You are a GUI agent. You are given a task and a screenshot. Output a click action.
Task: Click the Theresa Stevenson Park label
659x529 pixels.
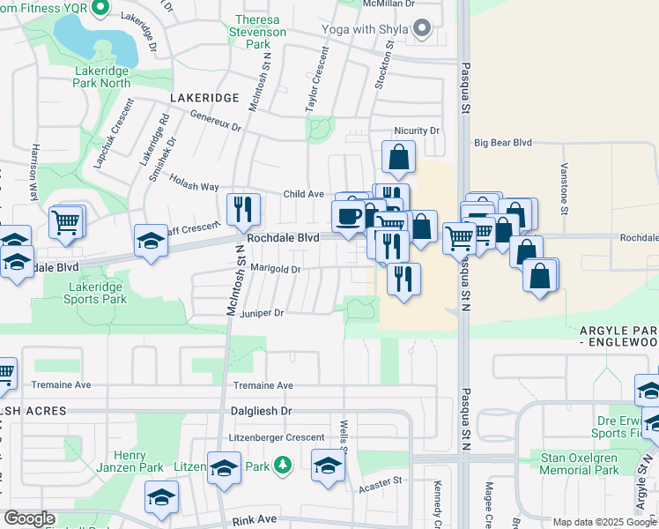pos(257,32)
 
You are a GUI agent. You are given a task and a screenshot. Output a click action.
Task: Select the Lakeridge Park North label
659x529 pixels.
pos(102,77)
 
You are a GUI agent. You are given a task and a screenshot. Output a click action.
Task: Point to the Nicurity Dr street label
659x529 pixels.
pos(417,130)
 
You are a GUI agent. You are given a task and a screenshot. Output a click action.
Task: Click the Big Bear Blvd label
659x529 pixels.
pos(504,142)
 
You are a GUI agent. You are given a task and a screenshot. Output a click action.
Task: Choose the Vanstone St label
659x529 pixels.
pos(565,186)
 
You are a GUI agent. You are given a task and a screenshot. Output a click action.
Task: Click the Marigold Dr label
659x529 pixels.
pos(277,270)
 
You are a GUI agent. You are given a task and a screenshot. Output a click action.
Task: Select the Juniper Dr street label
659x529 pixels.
pos(262,313)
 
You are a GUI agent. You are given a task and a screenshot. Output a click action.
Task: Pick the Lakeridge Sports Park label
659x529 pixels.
pos(95,293)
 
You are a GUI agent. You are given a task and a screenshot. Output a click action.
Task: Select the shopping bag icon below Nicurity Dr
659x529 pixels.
pos(398,157)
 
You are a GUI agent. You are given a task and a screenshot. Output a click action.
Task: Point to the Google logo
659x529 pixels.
pos(29,518)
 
